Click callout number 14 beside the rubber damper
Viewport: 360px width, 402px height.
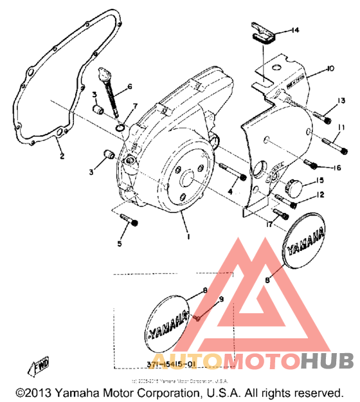coord(295,30)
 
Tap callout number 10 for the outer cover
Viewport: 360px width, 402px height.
coord(330,68)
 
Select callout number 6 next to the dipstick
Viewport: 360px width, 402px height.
coord(130,86)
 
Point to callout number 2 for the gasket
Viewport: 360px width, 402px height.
coord(62,156)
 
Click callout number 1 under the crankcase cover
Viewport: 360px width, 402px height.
coord(188,237)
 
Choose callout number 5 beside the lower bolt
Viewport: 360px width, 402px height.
coord(120,244)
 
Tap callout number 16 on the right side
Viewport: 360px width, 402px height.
coord(337,169)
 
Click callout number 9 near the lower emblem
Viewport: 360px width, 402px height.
coord(222,299)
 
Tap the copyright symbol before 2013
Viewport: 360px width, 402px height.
coord(21,392)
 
